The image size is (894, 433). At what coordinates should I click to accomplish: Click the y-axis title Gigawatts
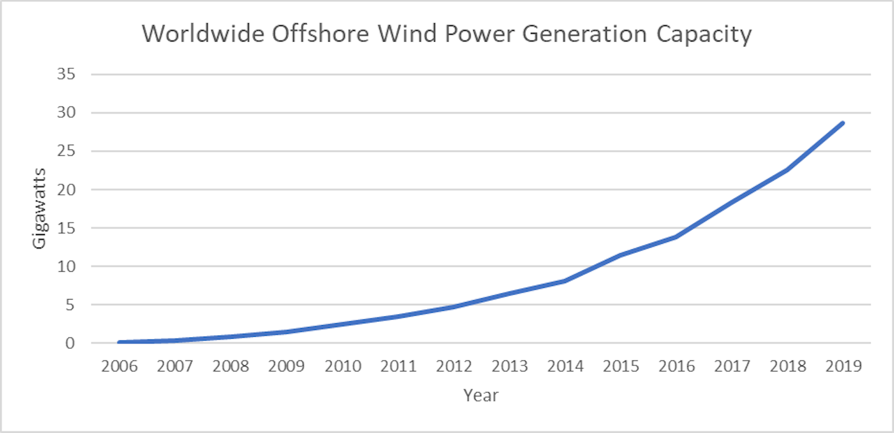click(x=39, y=208)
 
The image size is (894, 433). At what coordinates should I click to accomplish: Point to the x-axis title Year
click(x=481, y=395)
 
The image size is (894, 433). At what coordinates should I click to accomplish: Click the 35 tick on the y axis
click(x=66, y=74)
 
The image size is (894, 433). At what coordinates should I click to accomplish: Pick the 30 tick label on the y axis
click(x=66, y=113)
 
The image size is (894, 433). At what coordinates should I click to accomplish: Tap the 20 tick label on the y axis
click(x=66, y=190)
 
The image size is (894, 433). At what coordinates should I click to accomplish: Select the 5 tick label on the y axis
click(x=70, y=305)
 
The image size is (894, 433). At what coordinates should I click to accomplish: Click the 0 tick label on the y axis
click(x=70, y=343)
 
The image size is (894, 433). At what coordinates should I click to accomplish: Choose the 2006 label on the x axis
click(x=119, y=366)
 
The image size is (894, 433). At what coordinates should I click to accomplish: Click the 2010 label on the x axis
click(x=342, y=366)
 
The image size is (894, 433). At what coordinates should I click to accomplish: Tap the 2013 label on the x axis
click(x=509, y=366)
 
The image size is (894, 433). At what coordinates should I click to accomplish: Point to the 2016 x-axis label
click(x=676, y=366)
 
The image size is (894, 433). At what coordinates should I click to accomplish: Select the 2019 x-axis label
click(x=843, y=366)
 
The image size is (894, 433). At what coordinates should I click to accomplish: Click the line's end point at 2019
click(x=842, y=123)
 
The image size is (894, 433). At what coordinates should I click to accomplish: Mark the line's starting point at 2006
click(x=119, y=342)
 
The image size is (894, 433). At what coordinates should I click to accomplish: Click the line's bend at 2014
click(x=564, y=281)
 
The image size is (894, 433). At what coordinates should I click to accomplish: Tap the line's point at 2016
click(x=675, y=237)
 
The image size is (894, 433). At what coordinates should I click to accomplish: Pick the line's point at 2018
click(x=787, y=169)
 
